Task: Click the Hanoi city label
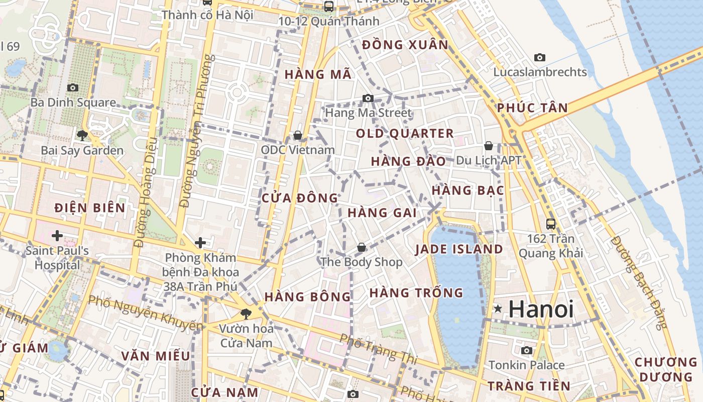pyautogui.click(x=541, y=309)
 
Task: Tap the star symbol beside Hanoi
pyautogui.click(x=498, y=309)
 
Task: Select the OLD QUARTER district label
pyautogui.click(x=405, y=134)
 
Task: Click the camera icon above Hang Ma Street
pyautogui.click(x=368, y=98)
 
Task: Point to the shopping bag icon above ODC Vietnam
pyautogui.click(x=297, y=135)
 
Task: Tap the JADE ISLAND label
pyautogui.click(x=459, y=249)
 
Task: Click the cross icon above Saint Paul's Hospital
pyautogui.click(x=57, y=235)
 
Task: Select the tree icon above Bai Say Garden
pyautogui.click(x=82, y=135)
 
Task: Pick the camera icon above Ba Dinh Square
pyautogui.click(x=73, y=87)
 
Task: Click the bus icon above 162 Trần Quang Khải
pyautogui.click(x=551, y=224)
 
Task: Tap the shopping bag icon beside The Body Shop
pyautogui.click(x=362, y=247)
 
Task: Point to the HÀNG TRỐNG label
pyautogui.click(x=416, y=292)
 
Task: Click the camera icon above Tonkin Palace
pyautogui.click(x=526, y=350)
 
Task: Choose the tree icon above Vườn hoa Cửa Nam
pyautogui.click(x=246, y=314)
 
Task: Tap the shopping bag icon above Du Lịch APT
pyautogui.click(x=489, y=146)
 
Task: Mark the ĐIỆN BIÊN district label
pyautogui.click(x=90, y=208)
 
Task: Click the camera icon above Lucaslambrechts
pyautogui.click(x=540, y=57)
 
